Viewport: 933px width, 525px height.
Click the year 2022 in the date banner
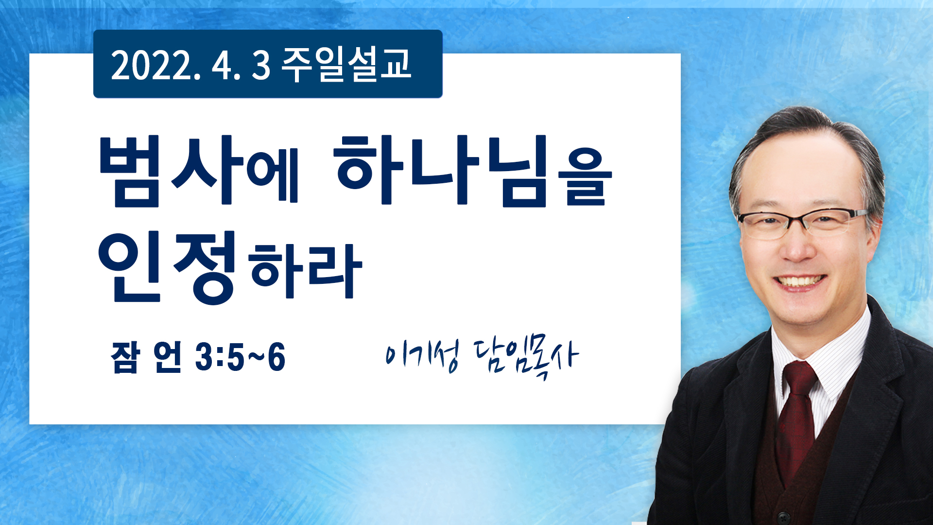155,65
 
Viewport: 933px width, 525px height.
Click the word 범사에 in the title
198,171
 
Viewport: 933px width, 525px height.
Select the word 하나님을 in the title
472,171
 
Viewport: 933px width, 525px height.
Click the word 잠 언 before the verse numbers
146,357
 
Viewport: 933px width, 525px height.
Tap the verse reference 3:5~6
240,357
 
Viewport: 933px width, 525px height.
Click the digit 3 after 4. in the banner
261,66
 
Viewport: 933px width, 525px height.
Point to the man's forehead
802,170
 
